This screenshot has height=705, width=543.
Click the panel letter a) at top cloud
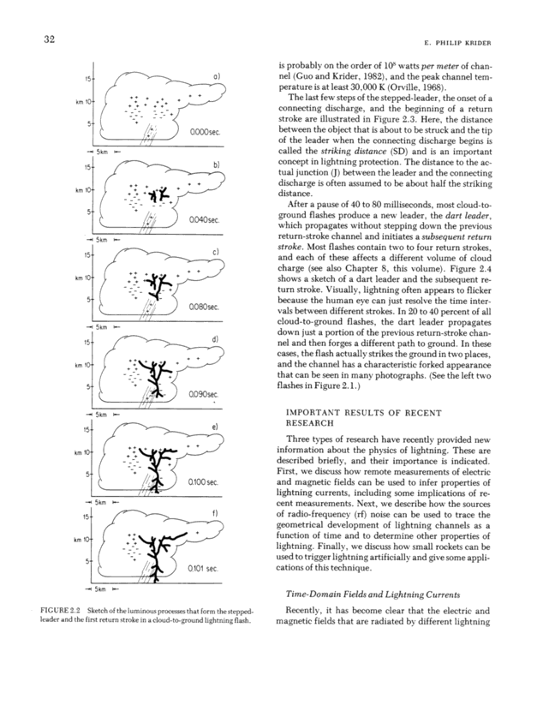(218, 78)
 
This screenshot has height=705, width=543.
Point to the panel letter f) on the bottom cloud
(217, 514)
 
